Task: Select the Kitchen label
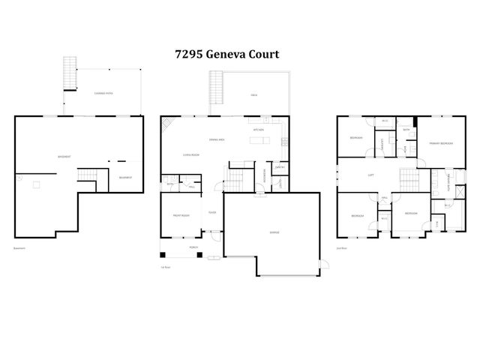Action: pos(258,130)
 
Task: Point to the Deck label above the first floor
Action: pos(254,95)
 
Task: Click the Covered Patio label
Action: pos(103,93)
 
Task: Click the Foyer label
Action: pos(212,212)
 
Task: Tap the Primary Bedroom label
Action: pos(440,143)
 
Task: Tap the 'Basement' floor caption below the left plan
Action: pos(19,248)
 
